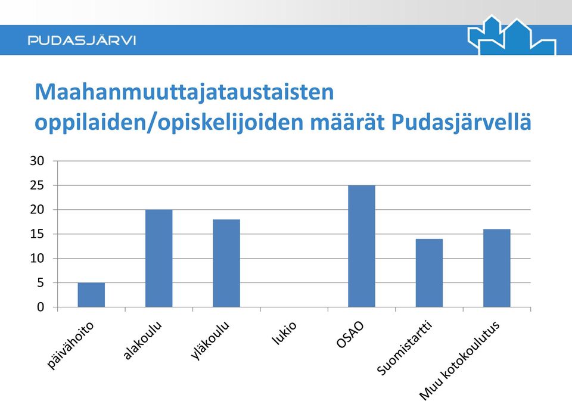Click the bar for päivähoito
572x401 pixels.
[91, 295]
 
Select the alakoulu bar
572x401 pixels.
[158, 259]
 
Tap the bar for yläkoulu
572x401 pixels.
[226, 263]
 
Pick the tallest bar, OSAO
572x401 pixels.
[362, 246]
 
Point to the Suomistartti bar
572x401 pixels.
[429, 273]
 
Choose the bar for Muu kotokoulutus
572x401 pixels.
[497, 268]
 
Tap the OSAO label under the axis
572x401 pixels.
[350, 335]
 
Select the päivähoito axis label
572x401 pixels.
[70, 346]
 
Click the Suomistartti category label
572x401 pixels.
[404, 348]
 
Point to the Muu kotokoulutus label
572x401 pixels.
[459, 361]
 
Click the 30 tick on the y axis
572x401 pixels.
[37, 161]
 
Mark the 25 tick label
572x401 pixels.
[37, 185]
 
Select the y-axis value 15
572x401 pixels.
[37, 234]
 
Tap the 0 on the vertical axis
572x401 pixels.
[40, 307]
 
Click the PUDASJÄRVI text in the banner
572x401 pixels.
[82, 40]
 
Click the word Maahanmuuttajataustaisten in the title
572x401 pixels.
[184, 92]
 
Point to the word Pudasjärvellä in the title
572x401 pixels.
[461, 122]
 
